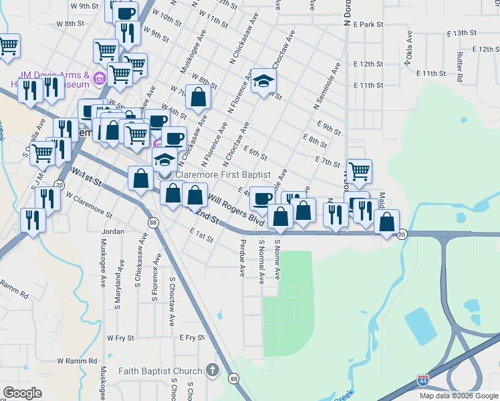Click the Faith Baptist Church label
pyautogui.click(x=160, y=372)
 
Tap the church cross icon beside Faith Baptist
pyautogui.click(x=212, y=370)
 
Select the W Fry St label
pyautogui.click(x=120, y=338)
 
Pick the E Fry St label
pyautogui.click(x=191, y=338)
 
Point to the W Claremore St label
pyautogui.click(x=88, y=203)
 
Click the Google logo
pyautogui.click(x=22, y=393)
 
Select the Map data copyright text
pyautogui.click(x=458, y=396)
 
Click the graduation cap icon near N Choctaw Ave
pyautogui.click(x=264, y=82)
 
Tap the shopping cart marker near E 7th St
pyautogui.click(x=360, y=171)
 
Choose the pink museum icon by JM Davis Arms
pyautogui.click(x=100, y=80)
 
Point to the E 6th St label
pyautogui.click(x=255, y=154)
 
